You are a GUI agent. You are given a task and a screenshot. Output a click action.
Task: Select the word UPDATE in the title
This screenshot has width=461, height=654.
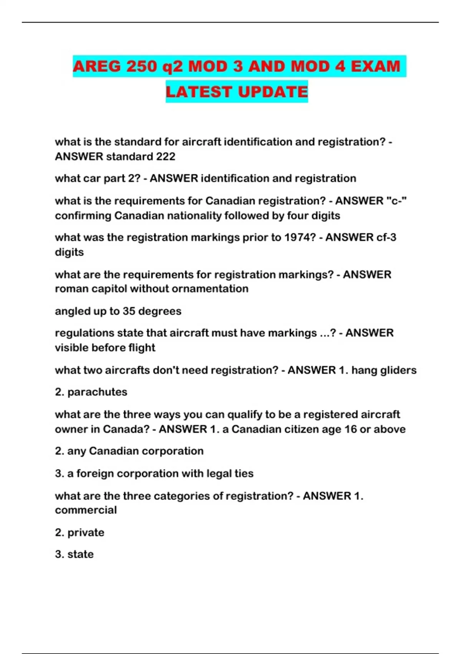pos(273,92)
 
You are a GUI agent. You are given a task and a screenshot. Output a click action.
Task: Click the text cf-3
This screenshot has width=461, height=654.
pos(386,237)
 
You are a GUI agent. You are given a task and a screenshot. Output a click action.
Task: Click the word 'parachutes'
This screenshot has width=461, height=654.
pos(97,392)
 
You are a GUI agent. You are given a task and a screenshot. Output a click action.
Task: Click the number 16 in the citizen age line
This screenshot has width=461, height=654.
pos(350,429)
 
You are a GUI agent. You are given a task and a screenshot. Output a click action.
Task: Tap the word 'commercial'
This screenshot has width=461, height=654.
pos(86,510)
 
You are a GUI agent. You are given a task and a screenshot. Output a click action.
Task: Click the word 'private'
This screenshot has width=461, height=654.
pos(86,532)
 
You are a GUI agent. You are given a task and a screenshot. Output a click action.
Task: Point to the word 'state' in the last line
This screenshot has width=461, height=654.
pos(80,554)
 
